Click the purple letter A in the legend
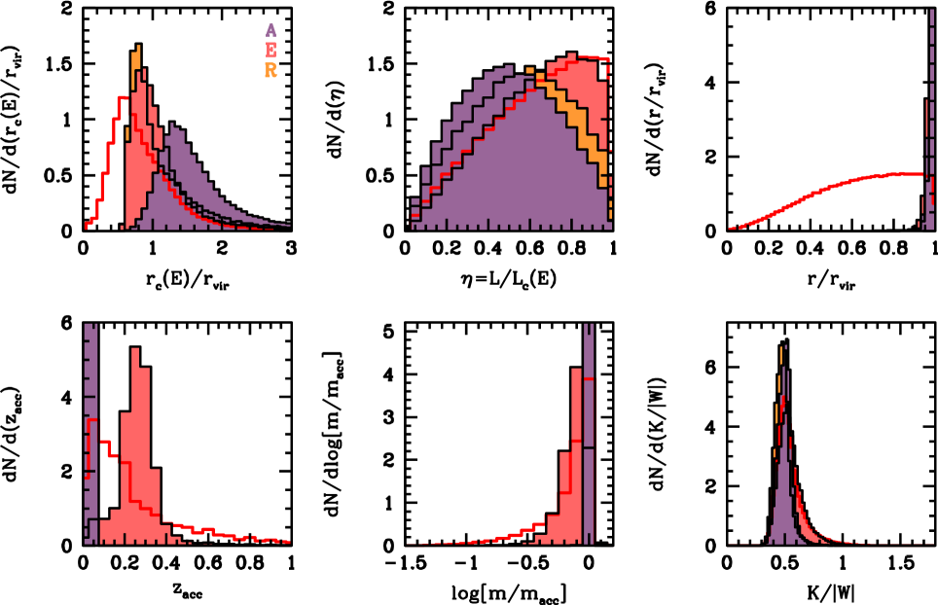[271, 30]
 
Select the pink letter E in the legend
[271, 51]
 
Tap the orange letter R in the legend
[271, 71]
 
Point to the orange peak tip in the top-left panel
[138, 49]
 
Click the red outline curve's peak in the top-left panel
[122, 97]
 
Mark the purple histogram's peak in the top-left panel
[172, 126]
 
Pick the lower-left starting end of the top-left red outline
[87, 226]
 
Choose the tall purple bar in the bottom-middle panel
[588, 438]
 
